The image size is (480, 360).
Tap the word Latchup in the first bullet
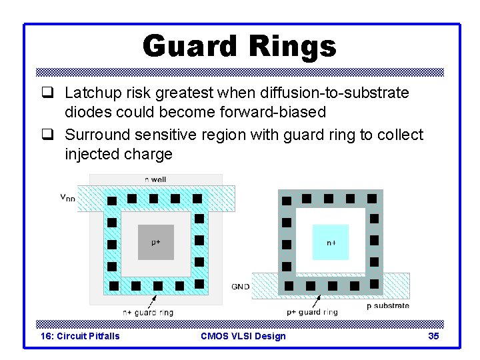tap(93, 93)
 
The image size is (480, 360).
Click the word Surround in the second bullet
tap(95, 135)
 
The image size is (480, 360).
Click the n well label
tap(155, 179)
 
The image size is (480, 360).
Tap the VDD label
tap(68, 197)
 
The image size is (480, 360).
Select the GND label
tap(241, 287)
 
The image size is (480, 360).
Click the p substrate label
tap(387, 305)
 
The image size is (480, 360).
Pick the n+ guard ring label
tap(148, 312)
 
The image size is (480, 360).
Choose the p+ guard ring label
tap(312, 312)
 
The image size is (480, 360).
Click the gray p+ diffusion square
tap(155, 242)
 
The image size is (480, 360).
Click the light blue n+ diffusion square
tap(331, 243)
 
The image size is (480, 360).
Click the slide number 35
tap(433, 336)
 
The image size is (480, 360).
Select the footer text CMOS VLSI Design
tap(243, 336)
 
